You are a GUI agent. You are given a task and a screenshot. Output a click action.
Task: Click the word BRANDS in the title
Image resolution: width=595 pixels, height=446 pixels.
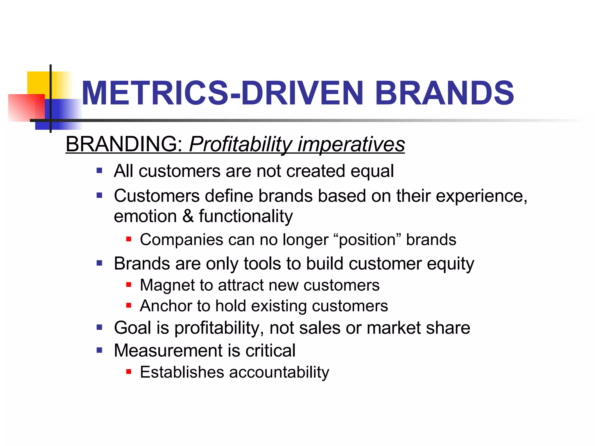click(x=445, y=93)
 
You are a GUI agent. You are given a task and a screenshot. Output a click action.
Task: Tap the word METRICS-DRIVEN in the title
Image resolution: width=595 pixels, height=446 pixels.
click(x=222, y=93)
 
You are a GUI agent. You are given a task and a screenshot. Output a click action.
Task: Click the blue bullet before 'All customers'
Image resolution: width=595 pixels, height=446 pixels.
click(x=100, y=170)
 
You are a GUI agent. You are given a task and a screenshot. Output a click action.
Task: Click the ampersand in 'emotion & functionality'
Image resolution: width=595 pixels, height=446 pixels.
click(x=188, y=216)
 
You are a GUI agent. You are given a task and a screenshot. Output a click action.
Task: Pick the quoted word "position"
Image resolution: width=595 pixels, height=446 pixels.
click(x=368, y=240)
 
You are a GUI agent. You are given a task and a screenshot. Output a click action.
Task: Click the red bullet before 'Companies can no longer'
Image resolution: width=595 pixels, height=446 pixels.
click(x=129, y=240)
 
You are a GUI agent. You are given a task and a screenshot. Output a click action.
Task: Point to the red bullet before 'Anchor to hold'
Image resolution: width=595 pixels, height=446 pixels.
click(x=129, y=305)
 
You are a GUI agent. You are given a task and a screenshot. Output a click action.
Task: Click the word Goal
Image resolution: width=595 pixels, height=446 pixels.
click(x=132, y=328)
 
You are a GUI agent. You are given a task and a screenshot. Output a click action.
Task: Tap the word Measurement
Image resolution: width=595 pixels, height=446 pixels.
click(x=169, y=350)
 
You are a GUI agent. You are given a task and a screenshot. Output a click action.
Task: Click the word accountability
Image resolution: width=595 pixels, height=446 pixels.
click(x=279, y=373)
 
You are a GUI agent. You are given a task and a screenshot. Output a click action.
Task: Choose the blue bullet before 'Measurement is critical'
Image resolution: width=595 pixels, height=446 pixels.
click(x=100, y=350)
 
